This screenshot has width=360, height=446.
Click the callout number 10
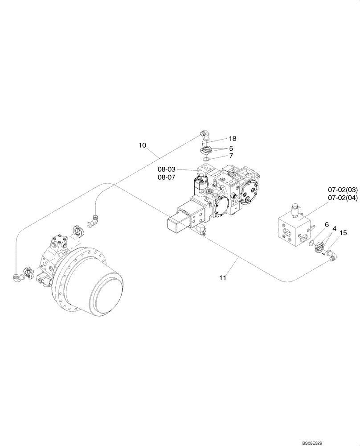click(142, 145)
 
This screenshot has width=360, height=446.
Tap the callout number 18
click(233, 139)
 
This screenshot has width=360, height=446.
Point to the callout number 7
click(231, 156)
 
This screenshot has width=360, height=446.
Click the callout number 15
click(343, 232)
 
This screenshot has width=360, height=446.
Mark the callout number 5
click(231, 148)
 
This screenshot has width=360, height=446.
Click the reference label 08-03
click(166, 169)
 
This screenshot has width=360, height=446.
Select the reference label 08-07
click(166, 177)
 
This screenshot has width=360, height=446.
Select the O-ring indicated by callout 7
click(206, 159)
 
